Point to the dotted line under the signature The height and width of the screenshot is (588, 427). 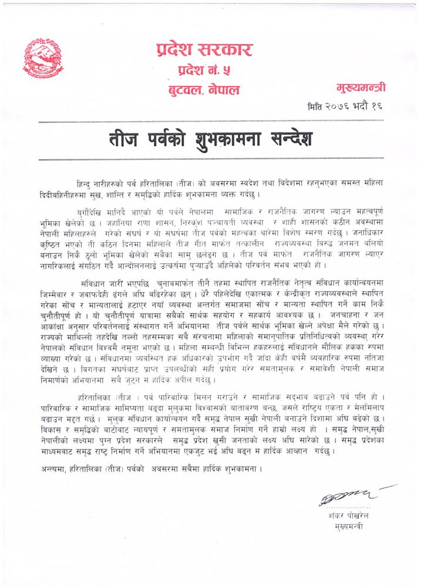350,507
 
